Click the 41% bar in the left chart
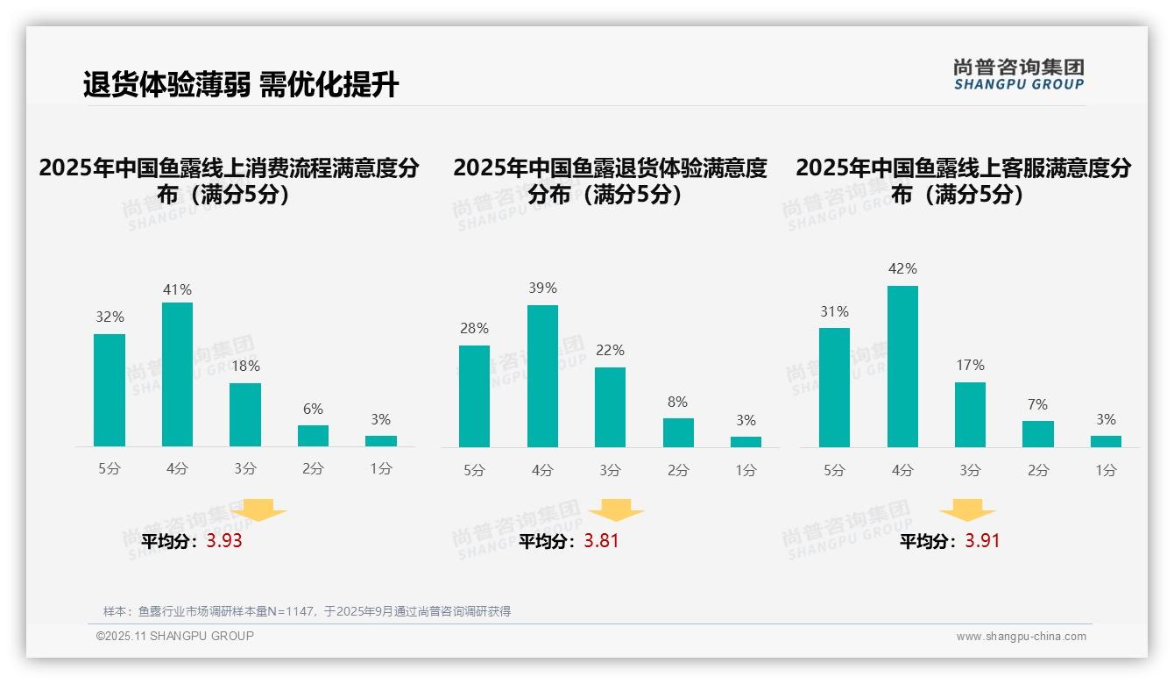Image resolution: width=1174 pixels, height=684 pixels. coord(177,374)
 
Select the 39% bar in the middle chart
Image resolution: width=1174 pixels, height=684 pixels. coord(542,376)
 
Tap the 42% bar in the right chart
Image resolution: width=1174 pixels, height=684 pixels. coord(902,367)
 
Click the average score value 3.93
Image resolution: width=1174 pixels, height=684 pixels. coord(224,541)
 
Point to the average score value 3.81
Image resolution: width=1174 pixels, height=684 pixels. coord(601,541)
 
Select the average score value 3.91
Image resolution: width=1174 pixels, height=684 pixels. coord(982,541)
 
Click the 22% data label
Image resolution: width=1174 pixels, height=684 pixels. coord(610,351)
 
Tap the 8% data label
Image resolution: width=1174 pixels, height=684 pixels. coord(677,403)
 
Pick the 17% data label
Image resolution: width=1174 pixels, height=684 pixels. coord(970,366)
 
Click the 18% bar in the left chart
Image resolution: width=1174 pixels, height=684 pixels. coord(245,415)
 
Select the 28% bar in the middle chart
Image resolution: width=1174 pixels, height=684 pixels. coord(474,396)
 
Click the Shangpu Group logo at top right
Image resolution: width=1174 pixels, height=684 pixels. coord(1018,75)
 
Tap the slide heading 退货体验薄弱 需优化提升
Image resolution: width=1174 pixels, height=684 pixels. coord(241,85)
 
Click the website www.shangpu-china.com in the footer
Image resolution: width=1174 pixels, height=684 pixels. coord(1021,637)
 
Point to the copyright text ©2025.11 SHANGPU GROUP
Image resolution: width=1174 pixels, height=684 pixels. coord(175,636)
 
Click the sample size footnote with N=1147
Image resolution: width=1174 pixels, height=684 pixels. coord(307,611)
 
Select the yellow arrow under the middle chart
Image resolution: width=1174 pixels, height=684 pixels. coord(616,510)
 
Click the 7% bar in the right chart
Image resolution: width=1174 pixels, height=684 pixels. coord(1038,434)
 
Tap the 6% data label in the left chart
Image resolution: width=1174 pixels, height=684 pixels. coord(313,410)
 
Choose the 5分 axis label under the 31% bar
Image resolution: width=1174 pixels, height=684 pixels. coord(834,471)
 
